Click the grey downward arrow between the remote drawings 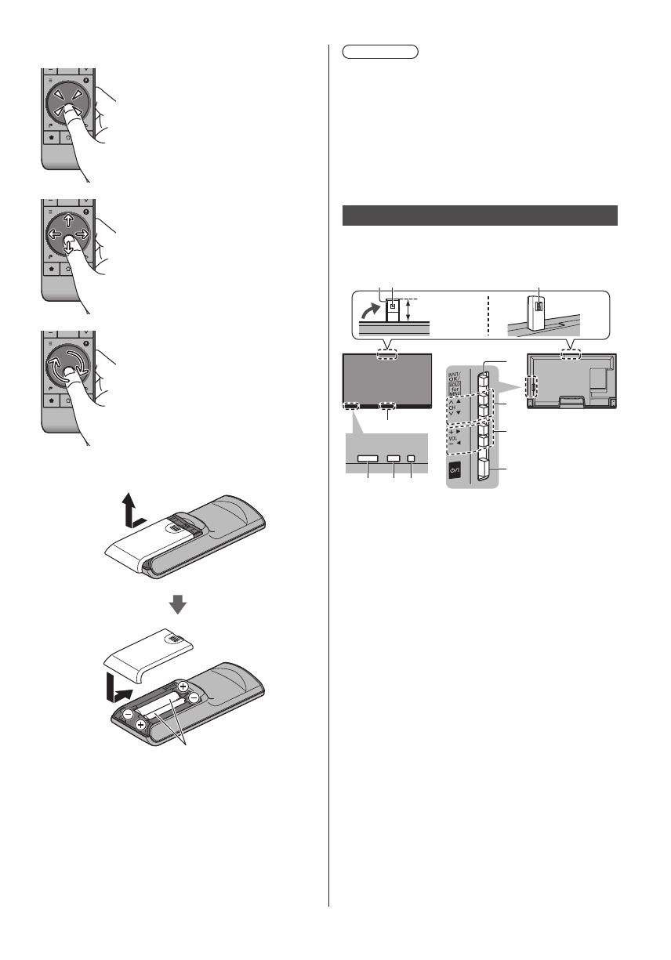(179, 604)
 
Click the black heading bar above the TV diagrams (481, 216)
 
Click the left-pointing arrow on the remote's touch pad (53, 234)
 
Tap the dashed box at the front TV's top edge (387, 354)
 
